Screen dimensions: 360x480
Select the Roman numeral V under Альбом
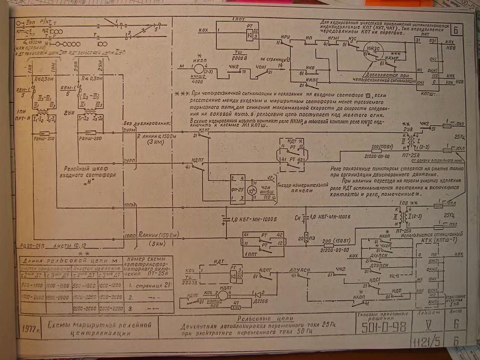click(x=428, y=324)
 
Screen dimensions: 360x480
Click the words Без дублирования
click(x=146, y=124)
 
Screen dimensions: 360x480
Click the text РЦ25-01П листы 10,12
click(x=53, y=246)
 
